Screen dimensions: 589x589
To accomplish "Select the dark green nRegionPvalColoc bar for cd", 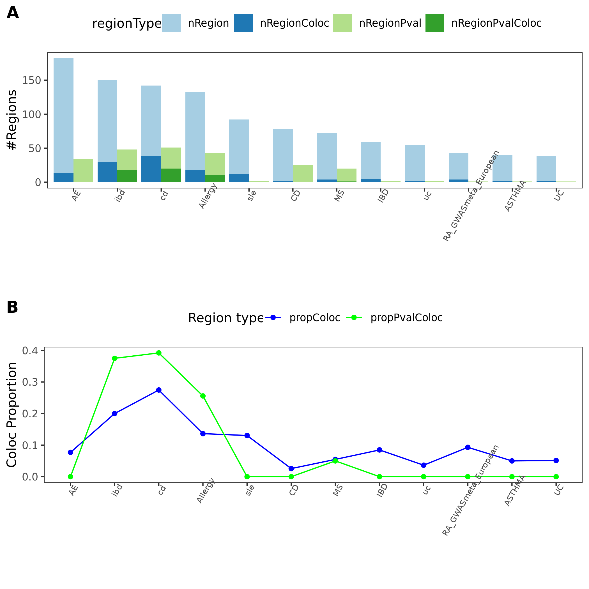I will click(171, 175).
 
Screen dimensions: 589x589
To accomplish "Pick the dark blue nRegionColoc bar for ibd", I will click(107, 172).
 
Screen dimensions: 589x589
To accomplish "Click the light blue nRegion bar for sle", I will click(239, 146).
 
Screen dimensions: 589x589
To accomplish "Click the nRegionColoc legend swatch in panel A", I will click(243, 23).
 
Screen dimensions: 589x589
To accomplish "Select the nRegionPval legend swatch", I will click(342, 23).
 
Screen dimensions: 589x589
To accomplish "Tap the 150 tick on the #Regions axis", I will click(31, 80).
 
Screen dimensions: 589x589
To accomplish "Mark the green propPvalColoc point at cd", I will click(159, 353).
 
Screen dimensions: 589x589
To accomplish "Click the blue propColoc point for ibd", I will click(115, 414).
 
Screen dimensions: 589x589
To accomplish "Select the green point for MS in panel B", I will click(335, 461).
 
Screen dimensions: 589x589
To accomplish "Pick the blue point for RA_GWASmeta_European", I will click(468, 447).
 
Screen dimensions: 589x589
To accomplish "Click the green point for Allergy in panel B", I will click(203, 396).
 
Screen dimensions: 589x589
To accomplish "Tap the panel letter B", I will click(12, 307).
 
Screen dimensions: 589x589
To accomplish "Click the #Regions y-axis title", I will click(11, 119).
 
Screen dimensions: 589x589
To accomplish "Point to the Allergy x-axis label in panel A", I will click(208, 196).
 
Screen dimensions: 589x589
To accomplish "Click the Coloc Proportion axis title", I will click(11, 415).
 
